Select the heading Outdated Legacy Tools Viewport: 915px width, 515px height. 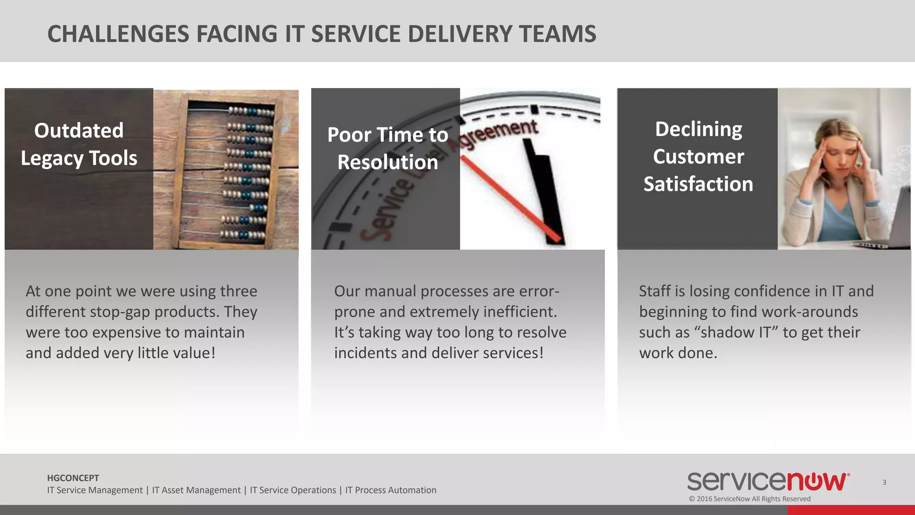pos(79,144)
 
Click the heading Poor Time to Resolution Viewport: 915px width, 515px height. pos(387,148)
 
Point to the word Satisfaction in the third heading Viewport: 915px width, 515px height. pos(698,184)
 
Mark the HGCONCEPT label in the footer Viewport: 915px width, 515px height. pos(73,478)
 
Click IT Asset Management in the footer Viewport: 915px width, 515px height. pos(196,490)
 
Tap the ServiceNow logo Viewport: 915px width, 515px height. pos(768,481)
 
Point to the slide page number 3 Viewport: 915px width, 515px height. pos(884,482)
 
